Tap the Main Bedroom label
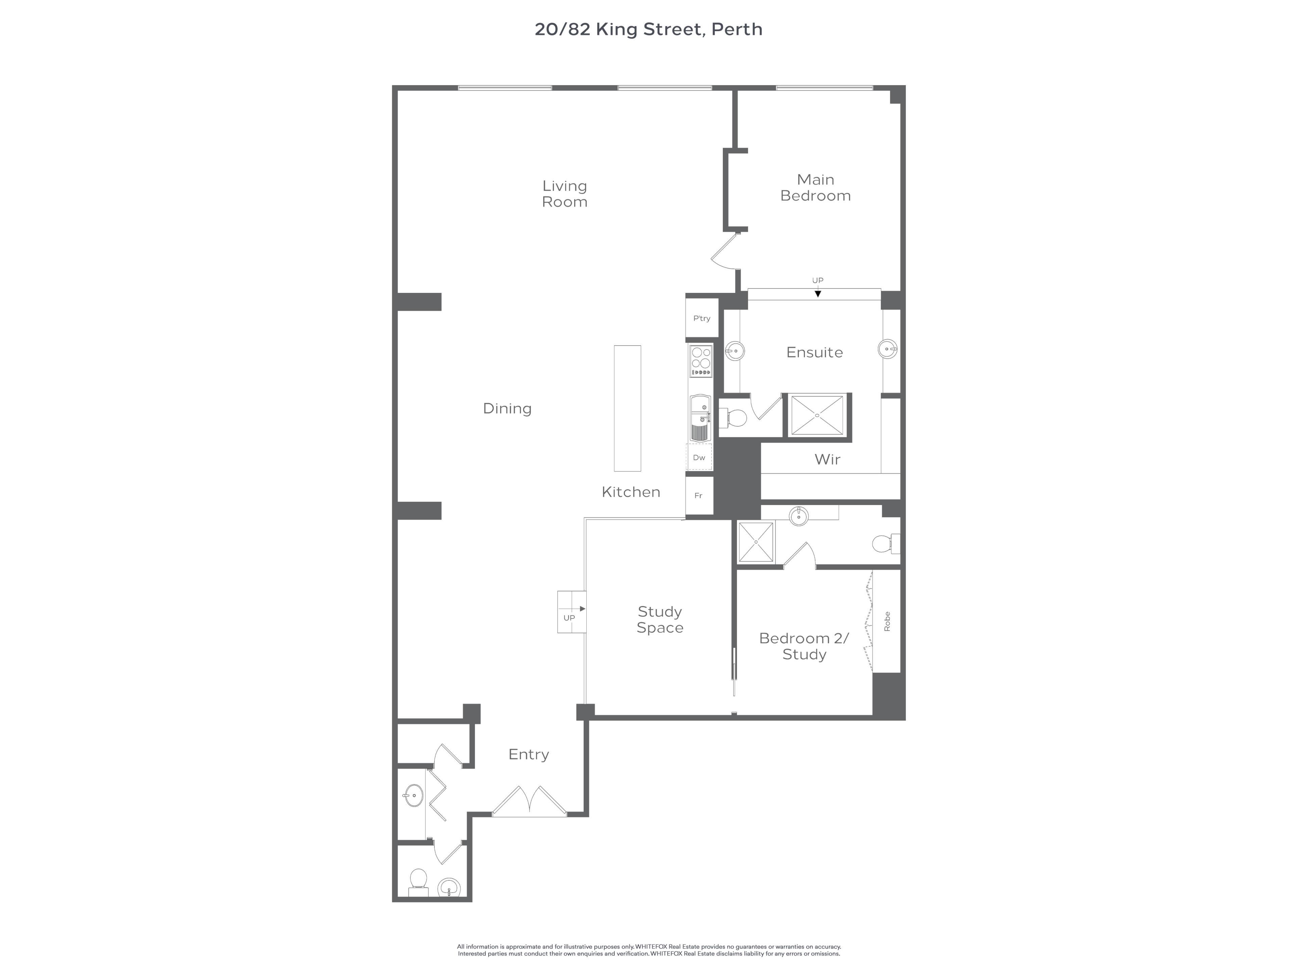pos(815,188)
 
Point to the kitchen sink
pos(701,418)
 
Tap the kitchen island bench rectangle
pos(628,408)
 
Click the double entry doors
pos(529,801)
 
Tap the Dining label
pos(507,409)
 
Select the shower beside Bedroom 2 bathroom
pos(756,542)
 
